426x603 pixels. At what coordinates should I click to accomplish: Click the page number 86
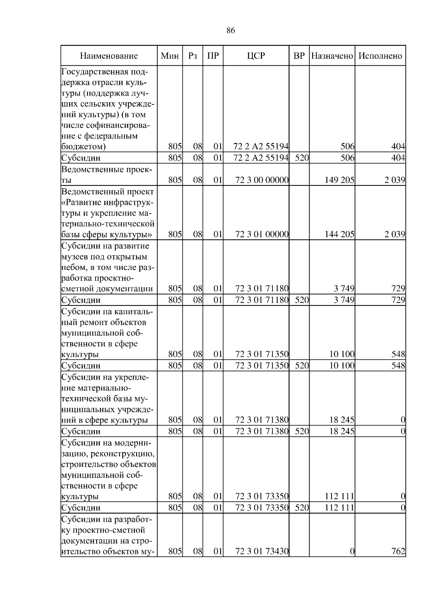[230, 31]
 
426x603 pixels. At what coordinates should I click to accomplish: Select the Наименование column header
[109, 56]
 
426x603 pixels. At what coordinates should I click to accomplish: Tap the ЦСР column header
[256, 56]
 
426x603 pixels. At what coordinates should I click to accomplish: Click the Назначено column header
[332, 56]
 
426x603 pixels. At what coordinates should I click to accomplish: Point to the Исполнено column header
[380, 56]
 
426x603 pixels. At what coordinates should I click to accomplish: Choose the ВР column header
[299, 56]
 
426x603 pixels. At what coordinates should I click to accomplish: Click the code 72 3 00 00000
[262, 180]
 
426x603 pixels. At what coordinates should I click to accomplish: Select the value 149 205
[339, 180]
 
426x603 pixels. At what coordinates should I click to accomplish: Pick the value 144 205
[339, 234]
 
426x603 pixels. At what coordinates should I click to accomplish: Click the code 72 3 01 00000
[262, 234]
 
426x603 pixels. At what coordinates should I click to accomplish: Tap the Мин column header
[170, 56]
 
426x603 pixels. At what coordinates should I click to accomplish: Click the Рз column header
[192, 56]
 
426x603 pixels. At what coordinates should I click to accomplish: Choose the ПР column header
[213, 56]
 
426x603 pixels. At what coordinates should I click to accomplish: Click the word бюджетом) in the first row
[83, 147]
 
